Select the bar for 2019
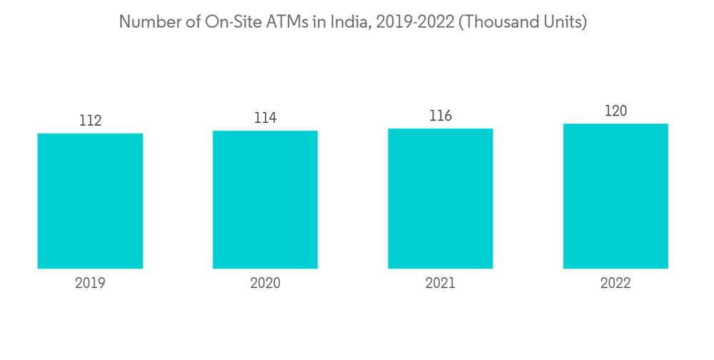(x=90, y=201)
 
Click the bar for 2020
(x=265, y=199)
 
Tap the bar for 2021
(x=441, y=199)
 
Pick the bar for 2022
(x=615, y=196)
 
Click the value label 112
(x=90, y=121)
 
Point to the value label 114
(x=265, y=118)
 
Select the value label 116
(x=441, y=116)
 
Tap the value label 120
(x=615, y=111)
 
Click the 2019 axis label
(x=90, y=284)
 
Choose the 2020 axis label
(x=265, y=284)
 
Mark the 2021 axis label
(x=441, y=284)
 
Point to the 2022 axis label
(x=615, y=284)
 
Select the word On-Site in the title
(x=222, y=22)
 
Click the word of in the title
(x=184, y=22)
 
